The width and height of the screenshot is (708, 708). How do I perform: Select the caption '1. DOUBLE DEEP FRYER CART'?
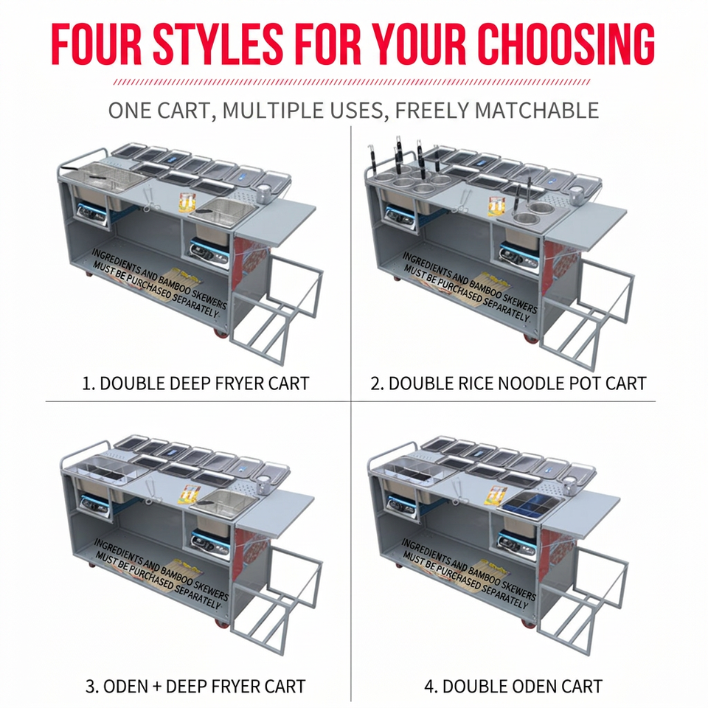195,383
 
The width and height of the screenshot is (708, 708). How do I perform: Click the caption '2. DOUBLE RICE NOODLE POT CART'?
508,383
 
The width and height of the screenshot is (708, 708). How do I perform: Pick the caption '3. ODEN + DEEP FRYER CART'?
195,687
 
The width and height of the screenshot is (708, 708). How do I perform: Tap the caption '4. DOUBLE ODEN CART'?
513,687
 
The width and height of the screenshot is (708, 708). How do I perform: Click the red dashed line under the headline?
352,82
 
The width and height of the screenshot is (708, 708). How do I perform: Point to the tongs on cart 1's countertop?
147,200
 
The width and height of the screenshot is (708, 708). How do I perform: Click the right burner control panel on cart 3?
210,541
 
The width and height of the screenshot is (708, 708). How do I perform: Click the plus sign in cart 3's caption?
156,687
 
